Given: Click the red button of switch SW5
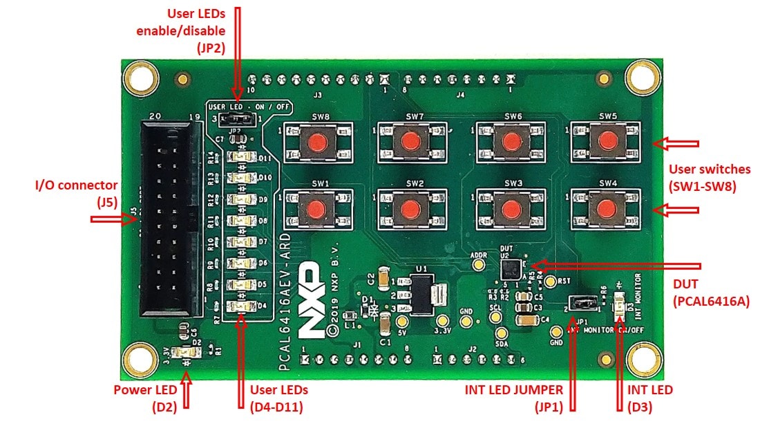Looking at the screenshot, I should [607, 140].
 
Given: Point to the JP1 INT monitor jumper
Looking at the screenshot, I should [581, 302].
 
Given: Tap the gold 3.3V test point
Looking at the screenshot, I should [441, 321].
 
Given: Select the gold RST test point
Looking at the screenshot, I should [550, 282].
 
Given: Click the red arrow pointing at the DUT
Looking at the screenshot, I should [615, 266].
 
